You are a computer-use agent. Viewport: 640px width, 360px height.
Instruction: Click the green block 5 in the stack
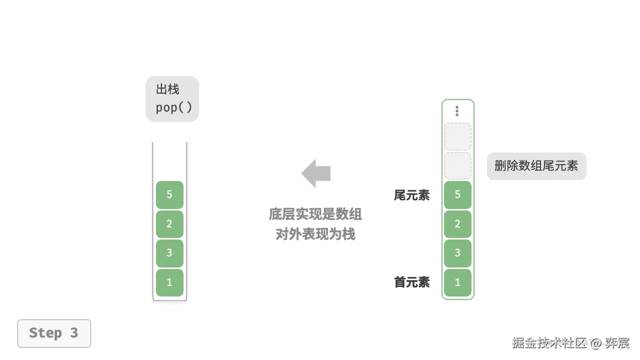[x=169, y=194]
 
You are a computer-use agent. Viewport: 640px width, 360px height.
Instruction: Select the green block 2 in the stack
[x=169, y=224]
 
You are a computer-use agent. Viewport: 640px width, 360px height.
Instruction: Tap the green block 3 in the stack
[x=169, y=253]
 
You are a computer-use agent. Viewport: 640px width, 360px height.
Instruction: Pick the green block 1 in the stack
[x=169, y=282]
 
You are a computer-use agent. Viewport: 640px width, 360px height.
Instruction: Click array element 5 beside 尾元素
[x=457, y=194]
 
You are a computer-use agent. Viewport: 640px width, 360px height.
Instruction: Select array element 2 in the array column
[x=457, y=224]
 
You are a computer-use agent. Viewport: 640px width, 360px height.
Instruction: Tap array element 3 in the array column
[x=457, y=253]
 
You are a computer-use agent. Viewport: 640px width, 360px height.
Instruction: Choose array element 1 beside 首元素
[x=457, y=282]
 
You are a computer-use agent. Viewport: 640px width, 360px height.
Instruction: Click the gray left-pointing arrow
[x=316, y=173]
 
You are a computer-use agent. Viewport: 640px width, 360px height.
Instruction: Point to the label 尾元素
[x=411, y=195]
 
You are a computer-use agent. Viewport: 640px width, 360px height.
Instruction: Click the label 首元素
[x=411, y=282]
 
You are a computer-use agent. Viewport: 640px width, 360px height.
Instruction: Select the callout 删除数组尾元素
[x=536, y=166]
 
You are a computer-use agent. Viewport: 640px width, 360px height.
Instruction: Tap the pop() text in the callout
[x=173, y=107]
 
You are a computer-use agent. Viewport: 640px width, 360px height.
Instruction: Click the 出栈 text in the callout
[x=167, y=89]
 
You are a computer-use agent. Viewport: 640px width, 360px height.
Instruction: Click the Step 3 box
[x=54, y=333]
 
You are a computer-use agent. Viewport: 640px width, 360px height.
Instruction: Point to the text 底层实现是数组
[x=315, y=214]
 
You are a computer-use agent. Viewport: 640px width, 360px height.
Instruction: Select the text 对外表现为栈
[x=315, y=234]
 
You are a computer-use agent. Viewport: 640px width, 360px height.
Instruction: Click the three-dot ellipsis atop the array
[x=457, y=111]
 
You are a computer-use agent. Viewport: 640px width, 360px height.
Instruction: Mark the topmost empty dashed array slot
[x=457, y=136]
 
